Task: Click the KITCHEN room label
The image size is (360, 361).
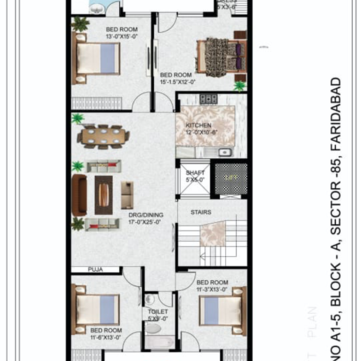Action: point(198,127)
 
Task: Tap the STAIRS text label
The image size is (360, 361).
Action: point(201,212)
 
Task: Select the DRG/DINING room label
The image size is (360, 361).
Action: point(145,216)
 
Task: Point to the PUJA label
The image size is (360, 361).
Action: point(96,269)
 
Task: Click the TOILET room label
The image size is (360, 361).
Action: point(157,312)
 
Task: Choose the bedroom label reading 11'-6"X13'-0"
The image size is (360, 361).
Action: point(211,284)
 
